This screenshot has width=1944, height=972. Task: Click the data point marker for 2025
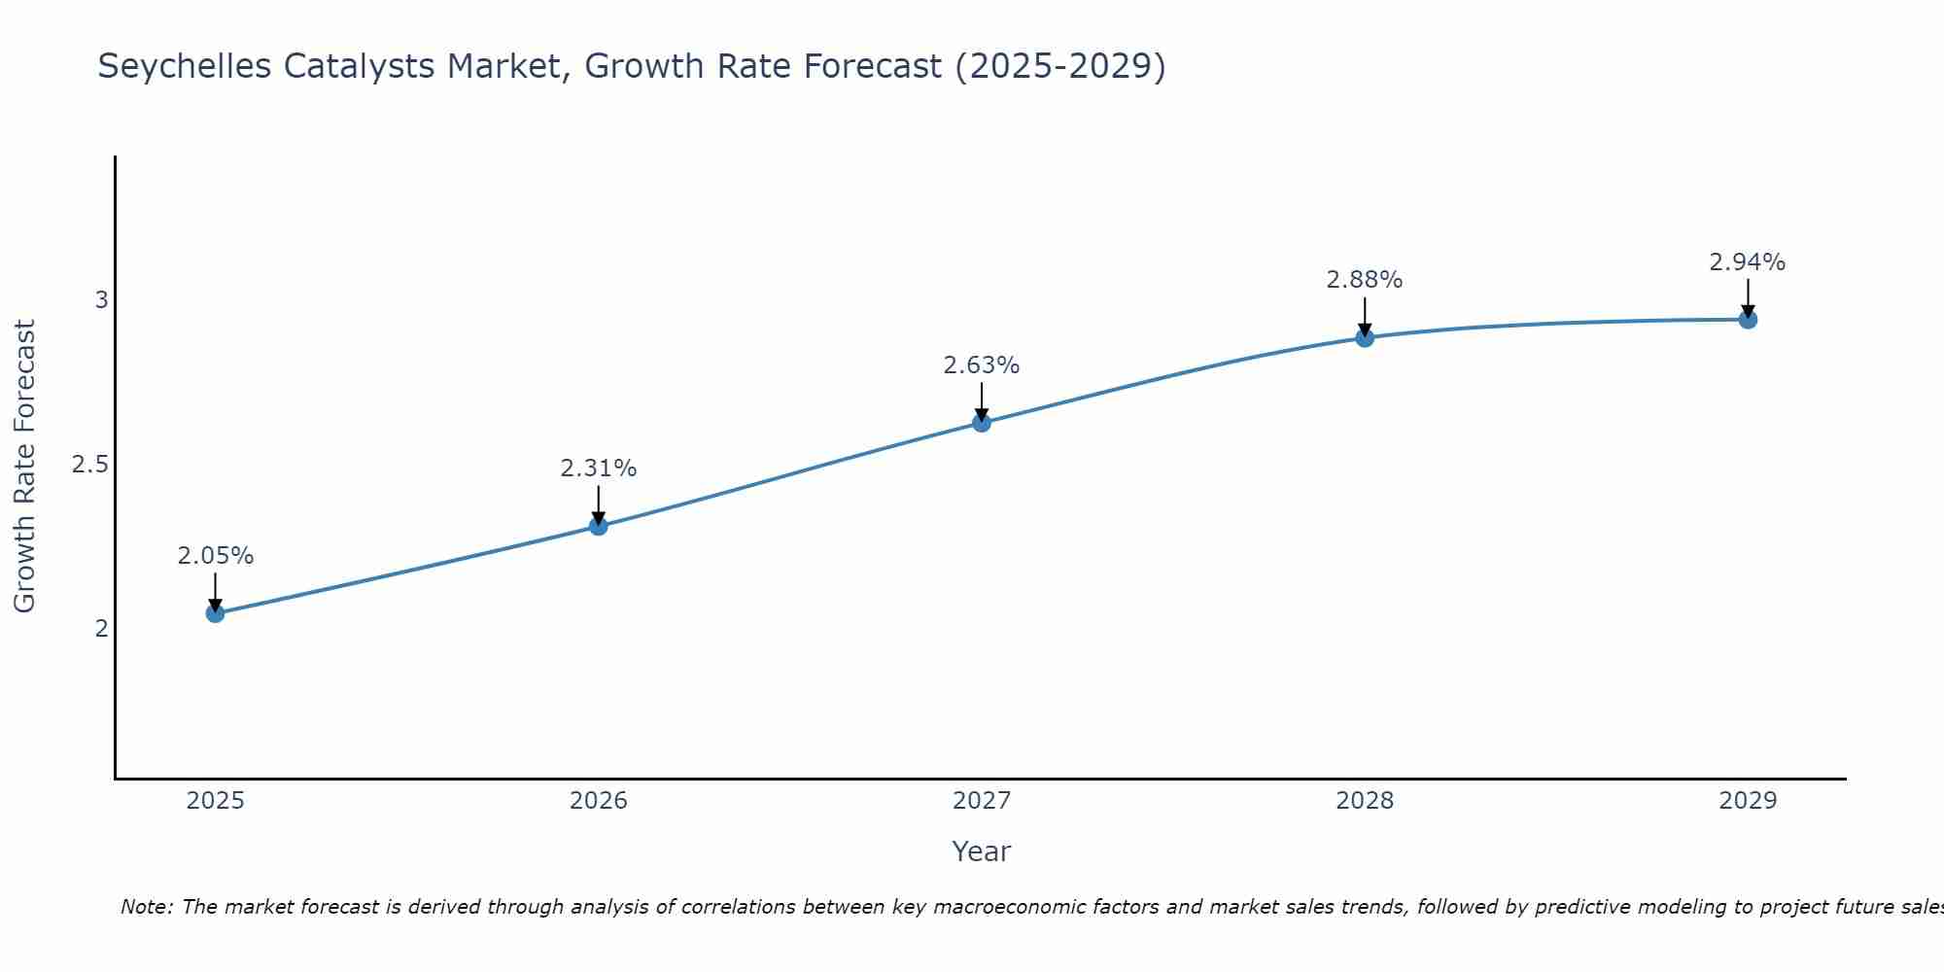click(216, 613)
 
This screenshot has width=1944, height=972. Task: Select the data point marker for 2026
click(599, 526)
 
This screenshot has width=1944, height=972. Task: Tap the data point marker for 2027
click(982, 422)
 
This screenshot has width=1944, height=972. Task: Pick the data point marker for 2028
click(1365, 337)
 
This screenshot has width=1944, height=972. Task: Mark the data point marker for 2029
click(1748, 319)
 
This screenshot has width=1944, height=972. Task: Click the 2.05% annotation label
click(216, 556)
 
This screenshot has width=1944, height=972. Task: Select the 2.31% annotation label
click(599, 469)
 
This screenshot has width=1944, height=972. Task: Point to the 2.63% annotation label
click(982, 365)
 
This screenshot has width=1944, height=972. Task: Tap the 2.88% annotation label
click(1365, 280)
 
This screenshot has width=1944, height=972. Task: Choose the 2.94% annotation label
click(1748, 262)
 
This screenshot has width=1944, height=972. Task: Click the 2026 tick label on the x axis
click(599, 801)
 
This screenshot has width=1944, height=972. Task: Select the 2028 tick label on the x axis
click(1365, 801)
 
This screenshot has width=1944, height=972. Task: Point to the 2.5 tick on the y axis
click(89, 465)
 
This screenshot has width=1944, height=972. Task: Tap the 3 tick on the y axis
click(101, 300)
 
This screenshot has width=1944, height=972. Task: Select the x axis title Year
click(982, 851)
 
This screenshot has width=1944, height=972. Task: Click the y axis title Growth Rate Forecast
click(24, 467)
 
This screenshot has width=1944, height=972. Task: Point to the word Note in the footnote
click(146, 907)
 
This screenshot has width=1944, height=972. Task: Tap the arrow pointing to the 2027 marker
click(982, 400)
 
